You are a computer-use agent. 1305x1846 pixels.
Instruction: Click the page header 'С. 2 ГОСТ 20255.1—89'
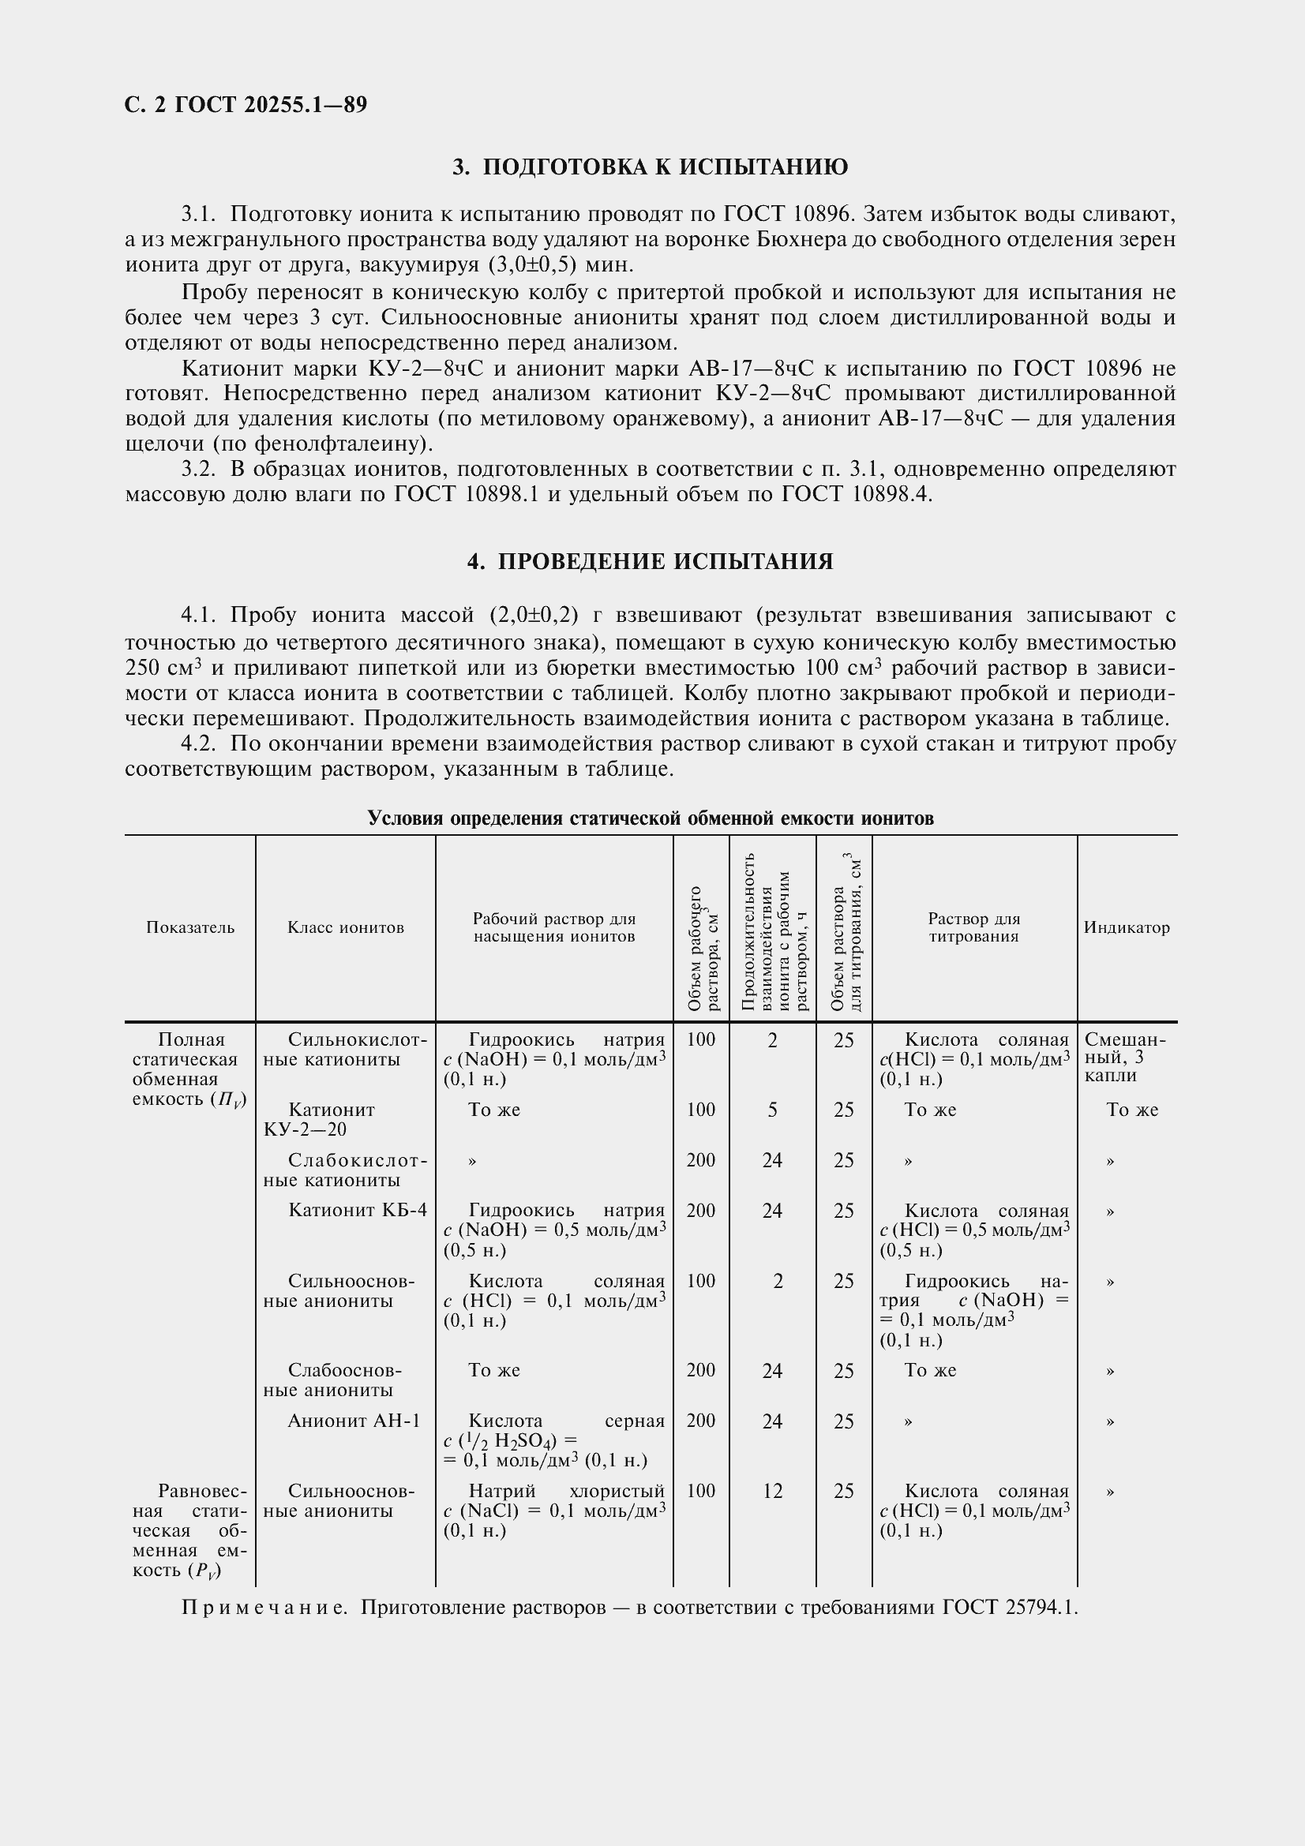coord(246,104)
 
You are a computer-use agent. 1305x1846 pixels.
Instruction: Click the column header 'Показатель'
coord(190,927)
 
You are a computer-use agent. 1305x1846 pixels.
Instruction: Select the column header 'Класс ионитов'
coord(346,927)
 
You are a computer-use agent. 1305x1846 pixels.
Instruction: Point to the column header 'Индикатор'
coord(1127,927)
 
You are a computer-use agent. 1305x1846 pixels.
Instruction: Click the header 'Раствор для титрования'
coord(973,927)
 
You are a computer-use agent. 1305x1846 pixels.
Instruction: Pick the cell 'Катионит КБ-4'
coord(358,1210)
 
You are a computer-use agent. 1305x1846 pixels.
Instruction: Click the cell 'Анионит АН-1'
coord(354,1421)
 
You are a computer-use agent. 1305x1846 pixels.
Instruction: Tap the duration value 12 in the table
coord(772,1492)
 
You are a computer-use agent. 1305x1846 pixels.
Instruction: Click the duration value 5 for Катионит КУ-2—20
coord(772,1110)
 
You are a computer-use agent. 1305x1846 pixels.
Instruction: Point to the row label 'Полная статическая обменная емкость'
coord(189,1069)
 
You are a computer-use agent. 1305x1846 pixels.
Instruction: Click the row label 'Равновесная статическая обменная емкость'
coord(189,1530)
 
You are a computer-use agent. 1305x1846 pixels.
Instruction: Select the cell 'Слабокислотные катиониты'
coord(346,1170)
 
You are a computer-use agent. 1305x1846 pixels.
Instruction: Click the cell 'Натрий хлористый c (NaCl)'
coord(554,1511)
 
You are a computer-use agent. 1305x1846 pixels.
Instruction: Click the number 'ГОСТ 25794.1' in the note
coord(1010,1608)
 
